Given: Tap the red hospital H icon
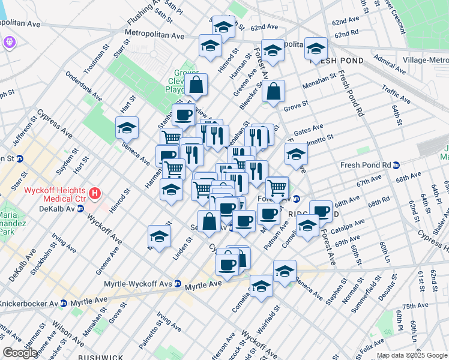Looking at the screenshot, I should point(95,194).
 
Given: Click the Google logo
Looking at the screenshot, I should point(20,353).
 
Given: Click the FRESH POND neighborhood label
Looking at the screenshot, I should point(336,61).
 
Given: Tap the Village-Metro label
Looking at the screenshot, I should point(426,60).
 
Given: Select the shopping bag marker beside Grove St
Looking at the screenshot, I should point(273,92).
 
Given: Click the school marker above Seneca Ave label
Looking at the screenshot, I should point(127,128).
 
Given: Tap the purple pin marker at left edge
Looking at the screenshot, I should point(10,43).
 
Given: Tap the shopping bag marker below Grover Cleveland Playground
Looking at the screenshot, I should point(196,85).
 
